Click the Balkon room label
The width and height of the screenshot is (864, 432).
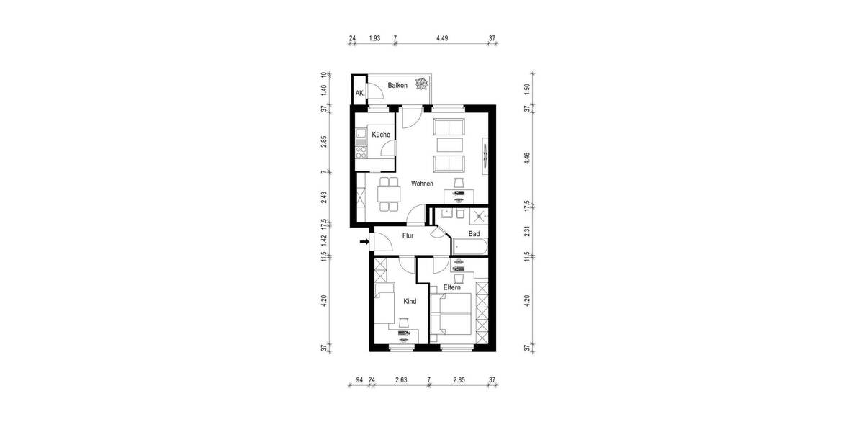pos(397,86)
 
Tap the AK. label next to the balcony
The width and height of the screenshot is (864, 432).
pos(360,94)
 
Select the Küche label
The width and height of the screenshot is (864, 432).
pos(381,135)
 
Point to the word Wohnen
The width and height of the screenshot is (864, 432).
pos(423,184)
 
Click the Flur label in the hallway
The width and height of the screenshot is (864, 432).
pos(408,235)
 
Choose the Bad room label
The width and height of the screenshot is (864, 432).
pos(474,234)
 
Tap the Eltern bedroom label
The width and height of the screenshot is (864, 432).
pos(452,287)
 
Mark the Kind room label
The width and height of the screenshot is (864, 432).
pos(410,301)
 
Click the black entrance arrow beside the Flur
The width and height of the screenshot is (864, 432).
pos(364,242)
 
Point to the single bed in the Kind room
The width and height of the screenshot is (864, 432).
pos(384,303)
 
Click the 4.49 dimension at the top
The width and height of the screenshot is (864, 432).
pos(444,39)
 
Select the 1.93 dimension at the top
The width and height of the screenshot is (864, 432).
pos(374,39)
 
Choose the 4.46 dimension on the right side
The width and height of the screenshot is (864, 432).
pos(528,158)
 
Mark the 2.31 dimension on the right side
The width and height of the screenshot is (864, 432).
pos(528,231)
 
